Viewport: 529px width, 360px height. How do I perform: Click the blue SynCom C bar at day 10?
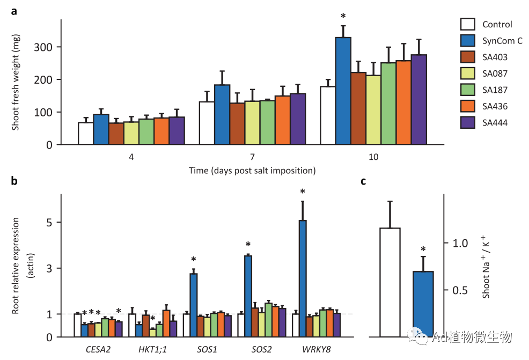pyautogui.click(x=343, y=91)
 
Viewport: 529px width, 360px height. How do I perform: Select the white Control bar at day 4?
pyautogui.click(x=85, y=134)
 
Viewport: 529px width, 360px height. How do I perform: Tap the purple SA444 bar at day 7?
pyautogui.click(x=297, y=119)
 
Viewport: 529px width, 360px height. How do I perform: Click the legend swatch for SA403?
pyautogui.click(x=468, y=57)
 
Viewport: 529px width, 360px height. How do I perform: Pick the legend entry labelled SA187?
pyautogui.click(x=495, y=90)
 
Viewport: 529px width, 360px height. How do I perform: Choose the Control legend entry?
pyautogui.click(x=497, y=24)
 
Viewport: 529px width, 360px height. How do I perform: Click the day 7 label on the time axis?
pyautogui.click(x=252, y=157)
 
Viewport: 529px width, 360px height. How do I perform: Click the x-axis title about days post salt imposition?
pyautogui.click(x=252, y=171)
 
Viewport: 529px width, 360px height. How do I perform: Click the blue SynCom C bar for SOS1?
pyautogui.click(x=193, y=305)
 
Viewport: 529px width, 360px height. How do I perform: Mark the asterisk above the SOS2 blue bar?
pyautogui.click(x=248, y=246)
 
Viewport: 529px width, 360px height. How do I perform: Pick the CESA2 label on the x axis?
pyautogui.click(x=98, y=349)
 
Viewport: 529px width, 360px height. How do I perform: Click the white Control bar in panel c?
pyautogui.click(x=390, y=282)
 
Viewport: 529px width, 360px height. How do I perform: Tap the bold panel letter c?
pyautogui.click(x=363, y=181)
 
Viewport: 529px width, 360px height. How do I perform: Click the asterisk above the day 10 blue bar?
pyautogui.click(x=343, y=17)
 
